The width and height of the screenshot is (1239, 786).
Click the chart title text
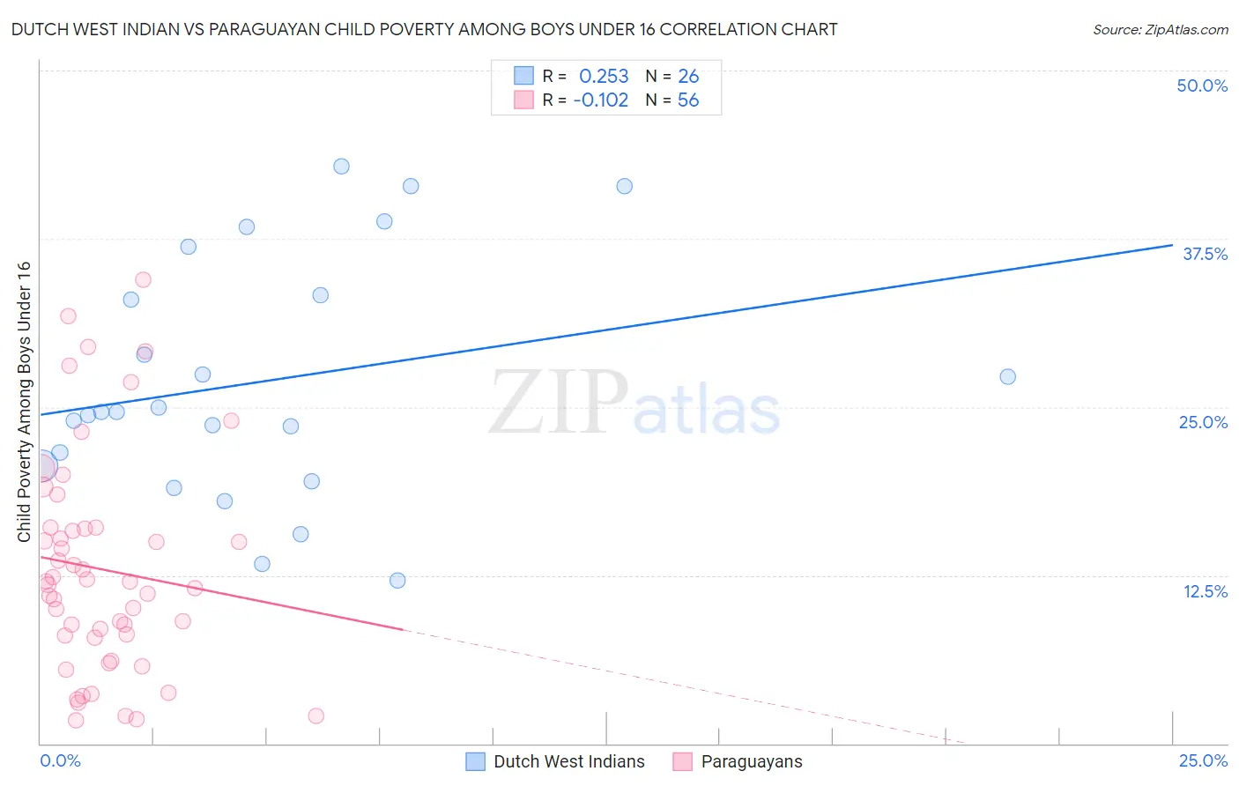tap(424, 29)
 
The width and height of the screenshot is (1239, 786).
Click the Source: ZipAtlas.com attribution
tap(1160, 29)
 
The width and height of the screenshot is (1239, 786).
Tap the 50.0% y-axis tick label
tap(1202, 85)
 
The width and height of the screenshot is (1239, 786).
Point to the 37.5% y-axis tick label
tap(1205, 254)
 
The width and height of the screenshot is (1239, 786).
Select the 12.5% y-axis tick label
tap(1205, 591)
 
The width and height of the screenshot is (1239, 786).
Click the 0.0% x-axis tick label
tap(60, 760)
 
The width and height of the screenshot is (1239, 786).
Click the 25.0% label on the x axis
tap(1203, 760)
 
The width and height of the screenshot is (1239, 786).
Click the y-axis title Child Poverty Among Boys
tap(24, 402)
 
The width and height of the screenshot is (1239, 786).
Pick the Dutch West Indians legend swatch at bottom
tap(476, 761)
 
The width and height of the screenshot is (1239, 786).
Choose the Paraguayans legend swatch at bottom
tap(683, 761)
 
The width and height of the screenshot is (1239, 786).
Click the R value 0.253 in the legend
tap(604, 76)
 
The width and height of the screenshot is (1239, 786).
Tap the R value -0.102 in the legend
tap(600, 100)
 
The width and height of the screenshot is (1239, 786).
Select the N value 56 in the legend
tap(688, 100)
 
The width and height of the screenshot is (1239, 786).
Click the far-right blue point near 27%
tap(1007, 376)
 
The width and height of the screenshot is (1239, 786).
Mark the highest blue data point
tap(341, 167)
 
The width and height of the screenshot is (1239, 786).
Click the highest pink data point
tap(143, 279)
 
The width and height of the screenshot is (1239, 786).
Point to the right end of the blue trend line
tap(1172, 245)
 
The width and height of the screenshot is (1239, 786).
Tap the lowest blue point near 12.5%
tap(397, 580)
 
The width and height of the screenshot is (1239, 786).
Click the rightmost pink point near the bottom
tap(315, 716)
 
